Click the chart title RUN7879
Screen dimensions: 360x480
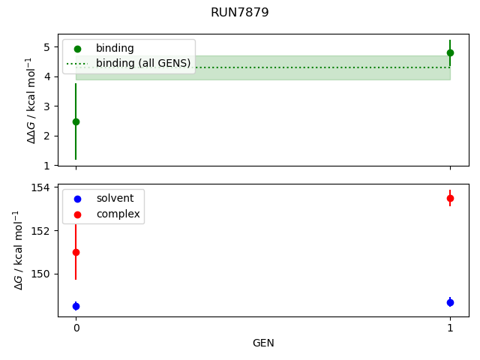[240, 13]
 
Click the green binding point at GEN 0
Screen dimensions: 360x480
[76, 121]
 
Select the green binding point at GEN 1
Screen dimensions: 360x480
[450, 52]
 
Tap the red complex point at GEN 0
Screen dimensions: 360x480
[76, 252]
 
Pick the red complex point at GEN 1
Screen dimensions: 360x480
[450, 198]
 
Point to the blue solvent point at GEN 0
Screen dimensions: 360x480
[76, 306]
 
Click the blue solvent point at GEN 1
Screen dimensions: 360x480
[450, 302]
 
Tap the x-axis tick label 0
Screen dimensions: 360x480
[76, 328]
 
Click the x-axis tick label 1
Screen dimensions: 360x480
[450, 328]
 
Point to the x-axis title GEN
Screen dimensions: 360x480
[263, 343]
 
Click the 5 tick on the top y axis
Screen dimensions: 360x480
[46, 46]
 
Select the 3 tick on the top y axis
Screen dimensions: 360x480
[46, 106]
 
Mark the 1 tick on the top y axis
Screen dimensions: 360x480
[46, 165]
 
